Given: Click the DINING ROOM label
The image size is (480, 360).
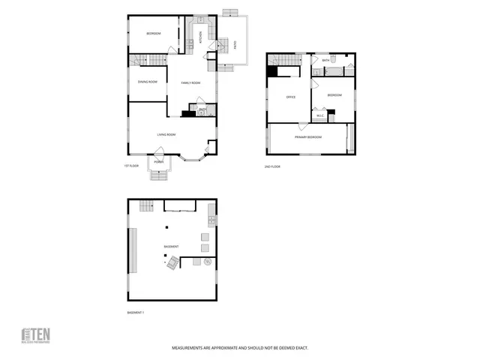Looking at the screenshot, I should point(148,81).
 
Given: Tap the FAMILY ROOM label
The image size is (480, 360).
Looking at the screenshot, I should point(190,83).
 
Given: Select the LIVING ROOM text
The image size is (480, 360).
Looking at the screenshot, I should point(166,134).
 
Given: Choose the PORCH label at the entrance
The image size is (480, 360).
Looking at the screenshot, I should point(158,162).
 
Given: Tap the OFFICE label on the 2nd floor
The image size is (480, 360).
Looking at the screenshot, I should point(291,97).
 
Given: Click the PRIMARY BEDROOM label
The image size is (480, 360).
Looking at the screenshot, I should point(308,137).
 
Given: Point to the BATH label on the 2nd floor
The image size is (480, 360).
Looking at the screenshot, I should point(325,60).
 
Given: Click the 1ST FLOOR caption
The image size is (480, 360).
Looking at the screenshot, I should point(132,166).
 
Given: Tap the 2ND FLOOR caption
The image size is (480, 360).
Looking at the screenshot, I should point(272,166).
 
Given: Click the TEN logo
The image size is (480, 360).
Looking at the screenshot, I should point(34,335).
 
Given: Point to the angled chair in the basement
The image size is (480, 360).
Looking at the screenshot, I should point(172,262).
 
